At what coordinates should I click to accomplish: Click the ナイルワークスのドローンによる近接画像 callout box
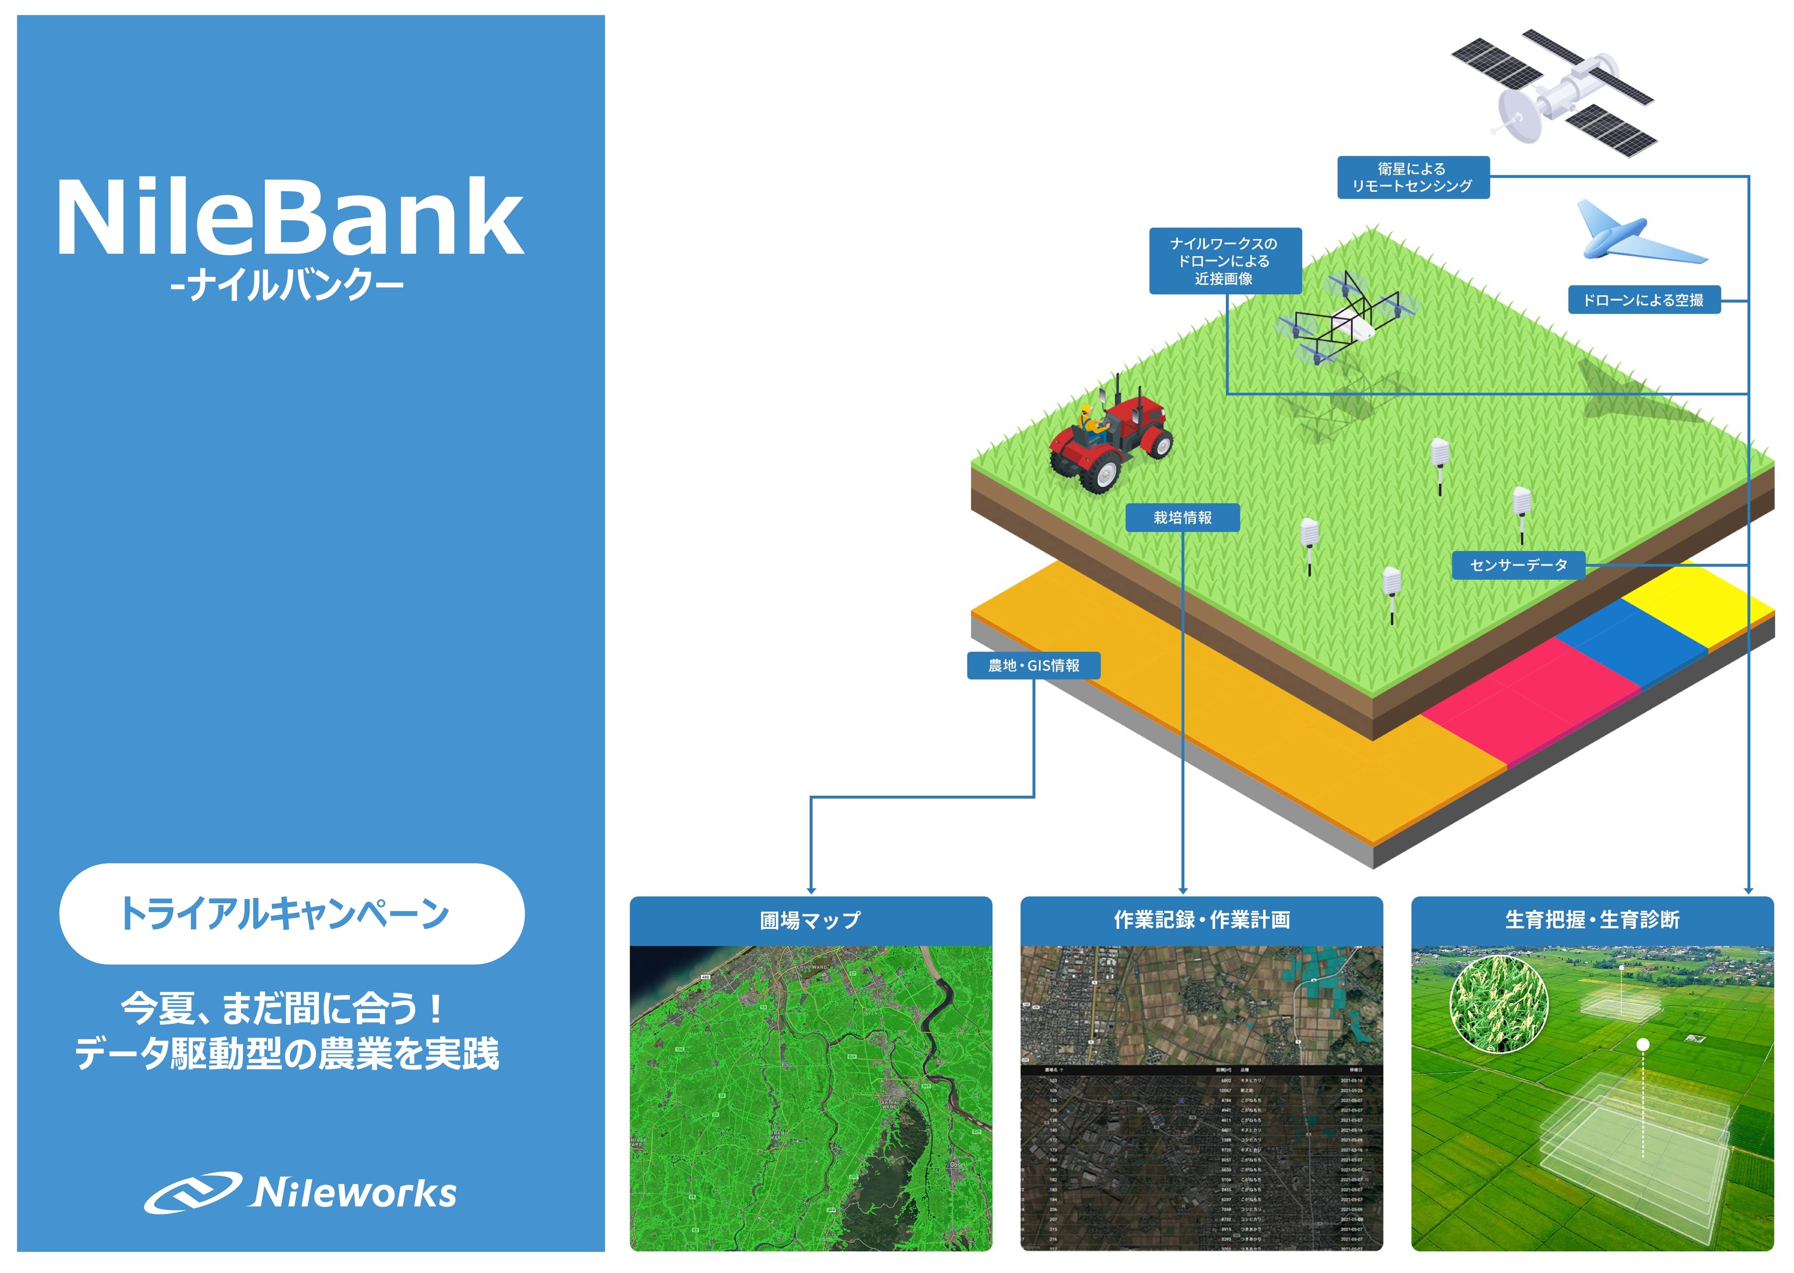click(1225, 261)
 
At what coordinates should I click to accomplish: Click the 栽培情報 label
click(1182, 517)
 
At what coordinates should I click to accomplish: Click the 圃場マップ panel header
click(811, 920)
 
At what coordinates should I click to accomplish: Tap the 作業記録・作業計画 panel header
click(1201, 920)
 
